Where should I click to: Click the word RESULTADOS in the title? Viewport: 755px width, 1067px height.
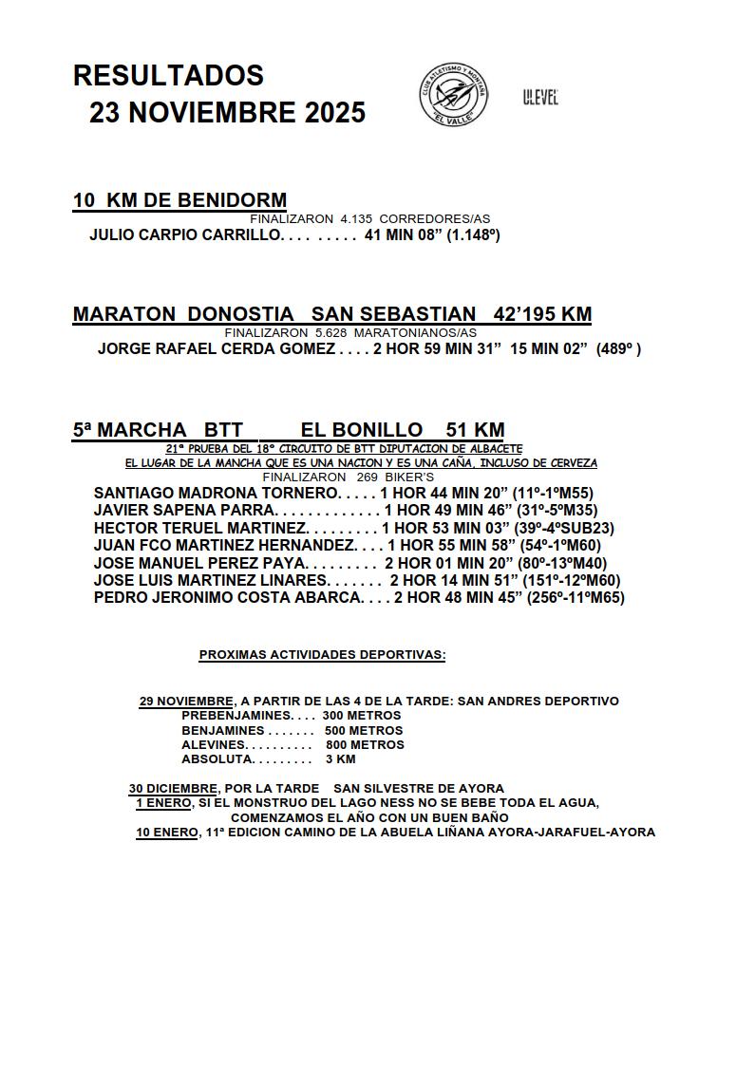click(x=168, y=75)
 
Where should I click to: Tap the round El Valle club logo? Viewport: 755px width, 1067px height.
click(x=454, y=94)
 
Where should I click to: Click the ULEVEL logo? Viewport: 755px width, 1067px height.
click(x=539, y=97)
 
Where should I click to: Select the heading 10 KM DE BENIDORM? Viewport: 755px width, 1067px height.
click(x=179, y=200)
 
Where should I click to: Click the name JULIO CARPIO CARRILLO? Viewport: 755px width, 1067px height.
click(x=185, y=234)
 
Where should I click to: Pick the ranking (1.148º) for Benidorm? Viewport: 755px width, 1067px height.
click(x=473, y=234)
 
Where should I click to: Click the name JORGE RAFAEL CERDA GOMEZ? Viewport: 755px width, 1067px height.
click(x=216, y=349)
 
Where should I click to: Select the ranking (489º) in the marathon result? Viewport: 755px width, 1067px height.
click(x=617, y=349)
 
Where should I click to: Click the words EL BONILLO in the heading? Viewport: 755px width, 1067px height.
click(x=361, y=430)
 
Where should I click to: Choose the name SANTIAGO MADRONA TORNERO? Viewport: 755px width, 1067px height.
click(x=216, y=493)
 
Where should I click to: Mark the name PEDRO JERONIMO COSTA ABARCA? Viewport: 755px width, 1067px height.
click(x=228, y=598)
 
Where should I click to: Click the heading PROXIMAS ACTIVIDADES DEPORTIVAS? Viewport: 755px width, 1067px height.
click(x=322, y=655)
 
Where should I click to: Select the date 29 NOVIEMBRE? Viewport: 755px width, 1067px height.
click(x=186, y=702)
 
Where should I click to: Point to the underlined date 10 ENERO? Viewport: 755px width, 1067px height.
click(x=166, y=833)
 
